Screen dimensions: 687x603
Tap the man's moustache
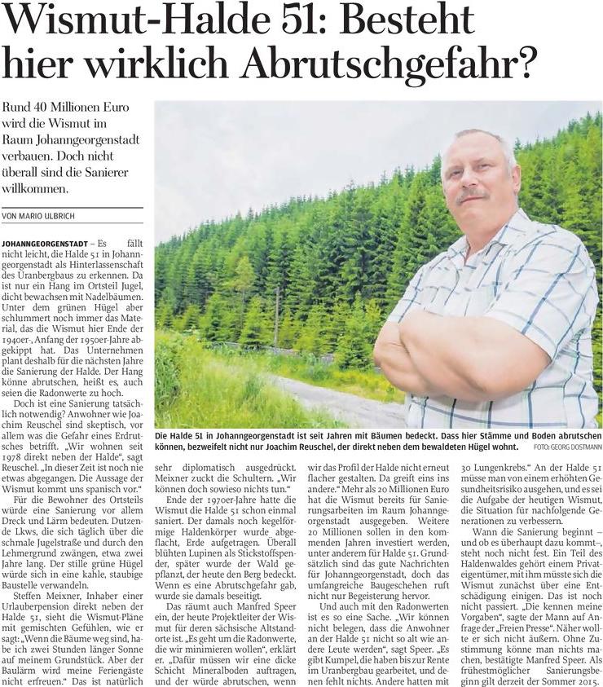[x=473, y=195]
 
